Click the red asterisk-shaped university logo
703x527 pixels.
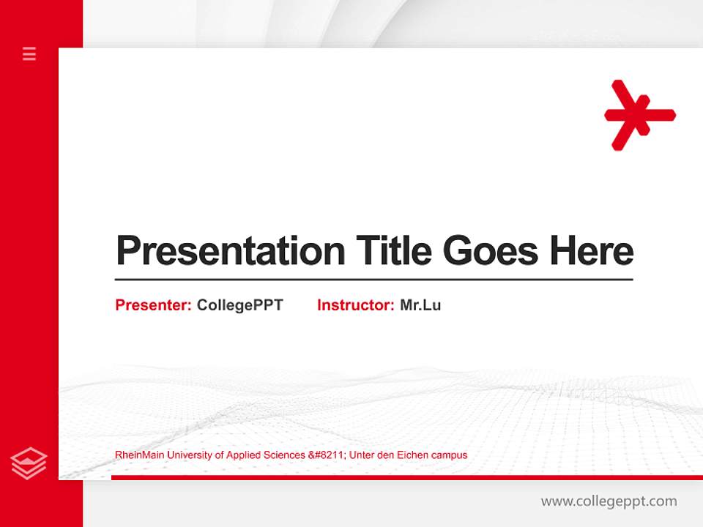tap(639, 115)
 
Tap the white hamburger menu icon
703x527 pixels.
tap(29, 53)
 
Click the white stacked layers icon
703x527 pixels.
tap(29, 463)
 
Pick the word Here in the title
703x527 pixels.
tap(592, 251)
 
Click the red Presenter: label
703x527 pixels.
tap(154, 305)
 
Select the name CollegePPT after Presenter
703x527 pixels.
tap(239, 305)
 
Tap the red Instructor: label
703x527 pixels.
tap(356, 305)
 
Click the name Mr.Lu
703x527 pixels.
tap(420, 305)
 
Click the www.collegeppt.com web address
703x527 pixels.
tap(609, 501)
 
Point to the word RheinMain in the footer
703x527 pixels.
tap(140, 455)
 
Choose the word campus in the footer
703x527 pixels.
tap(450, 455)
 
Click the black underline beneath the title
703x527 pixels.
tap(373, 280)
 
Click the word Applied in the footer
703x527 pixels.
tap(244, 455)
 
